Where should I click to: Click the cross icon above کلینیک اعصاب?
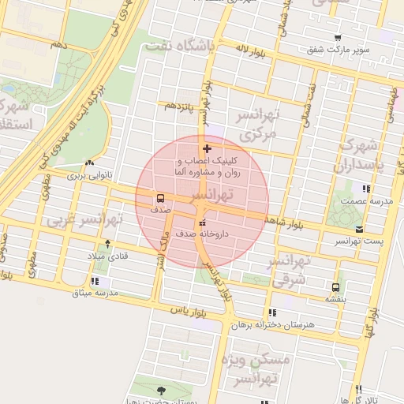pos(207,148)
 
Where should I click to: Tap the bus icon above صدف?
pos(161,199)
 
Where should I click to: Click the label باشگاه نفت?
pos(181,47)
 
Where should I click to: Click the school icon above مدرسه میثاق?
pos(95,281)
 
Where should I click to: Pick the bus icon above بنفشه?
pos(336,287)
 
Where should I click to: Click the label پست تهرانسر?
pos(358,240)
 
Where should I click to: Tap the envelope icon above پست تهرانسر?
pos(359,229)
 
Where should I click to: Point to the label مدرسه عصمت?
pos(366,200)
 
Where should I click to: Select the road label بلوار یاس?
pos(189,312)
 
